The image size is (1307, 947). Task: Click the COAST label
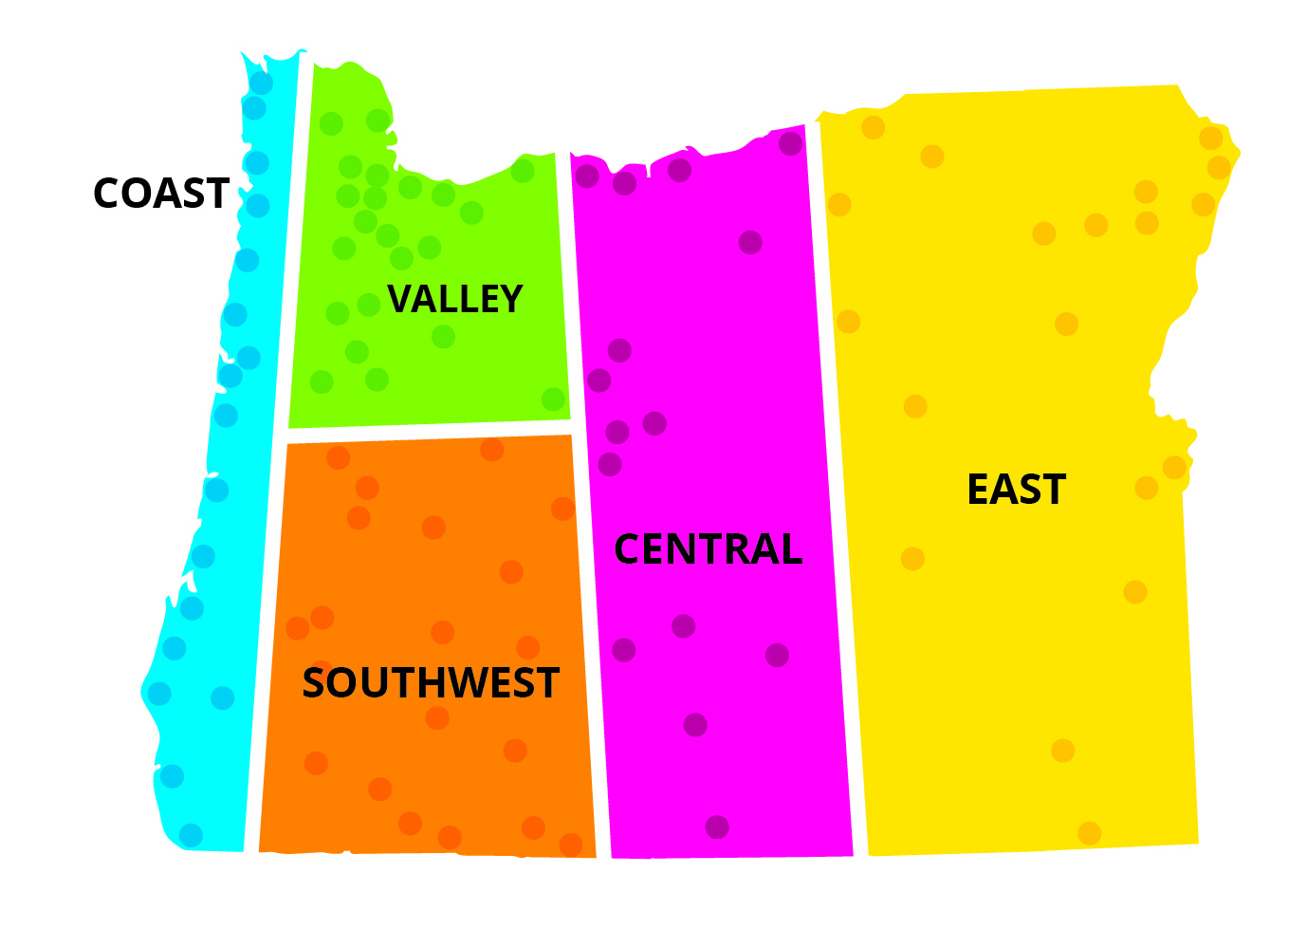coord(161,194)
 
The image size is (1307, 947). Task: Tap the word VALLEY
coord(455,299)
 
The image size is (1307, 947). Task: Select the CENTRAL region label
coord(708,549)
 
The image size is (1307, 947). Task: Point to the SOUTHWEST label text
coord(431,683)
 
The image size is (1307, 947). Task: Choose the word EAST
coord(1016,490)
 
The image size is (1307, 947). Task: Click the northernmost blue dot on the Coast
coord(261,84)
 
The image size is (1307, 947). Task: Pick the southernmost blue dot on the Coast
coord(191,835)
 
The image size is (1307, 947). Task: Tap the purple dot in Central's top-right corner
coord(791,144)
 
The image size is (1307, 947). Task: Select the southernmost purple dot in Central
coord(717,826)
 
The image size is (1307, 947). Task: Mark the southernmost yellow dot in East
coord(1089,833)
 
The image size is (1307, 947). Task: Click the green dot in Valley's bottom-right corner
coord(553,399)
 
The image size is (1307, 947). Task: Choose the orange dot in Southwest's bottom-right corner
coord(571,845)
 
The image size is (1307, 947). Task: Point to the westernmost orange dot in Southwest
coord(298,628)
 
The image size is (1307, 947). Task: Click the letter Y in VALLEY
coord(509,299)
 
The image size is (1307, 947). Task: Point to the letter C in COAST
coord(108,194)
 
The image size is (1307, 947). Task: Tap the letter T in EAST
coord(1052,490)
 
